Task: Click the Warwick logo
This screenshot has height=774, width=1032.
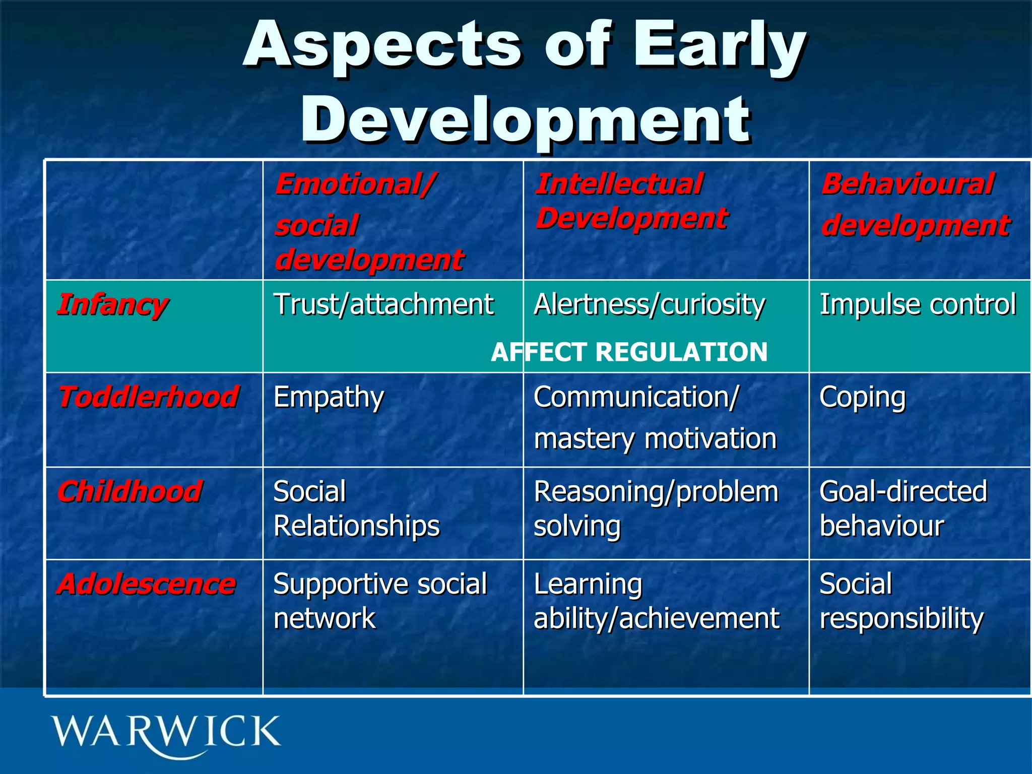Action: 165,735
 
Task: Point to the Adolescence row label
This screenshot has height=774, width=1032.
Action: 146,585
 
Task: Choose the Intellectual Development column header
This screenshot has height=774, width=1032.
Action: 631,202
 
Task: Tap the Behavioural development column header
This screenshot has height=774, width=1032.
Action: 915,205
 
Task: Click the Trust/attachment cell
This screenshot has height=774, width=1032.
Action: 383,305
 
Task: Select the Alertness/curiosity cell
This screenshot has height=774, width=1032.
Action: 649,305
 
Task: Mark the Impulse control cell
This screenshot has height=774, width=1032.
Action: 917,305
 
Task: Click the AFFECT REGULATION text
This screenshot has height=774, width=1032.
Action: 629,352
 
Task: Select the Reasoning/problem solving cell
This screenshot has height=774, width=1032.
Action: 655,509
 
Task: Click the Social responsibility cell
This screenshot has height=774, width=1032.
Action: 901,601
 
